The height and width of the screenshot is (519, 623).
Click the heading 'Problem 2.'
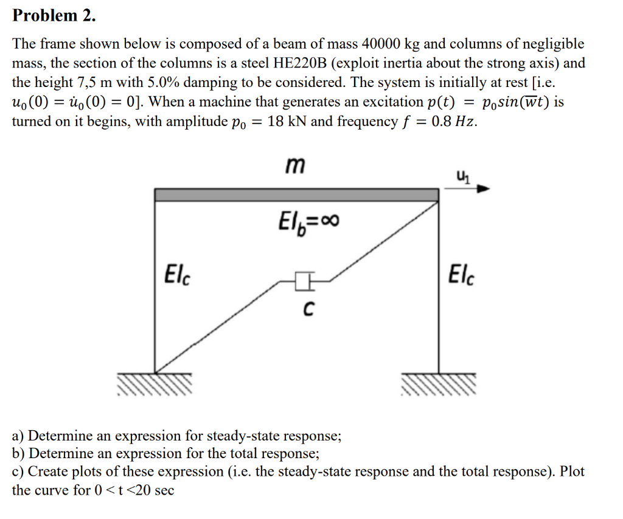(x=54, y=16)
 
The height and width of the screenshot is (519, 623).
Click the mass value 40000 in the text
(x=380, y=44)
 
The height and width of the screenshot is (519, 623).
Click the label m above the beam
(x=296, y=164)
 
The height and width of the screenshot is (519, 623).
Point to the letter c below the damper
(x=308, y=310)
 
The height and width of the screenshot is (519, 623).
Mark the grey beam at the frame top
(x=296, y=195)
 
